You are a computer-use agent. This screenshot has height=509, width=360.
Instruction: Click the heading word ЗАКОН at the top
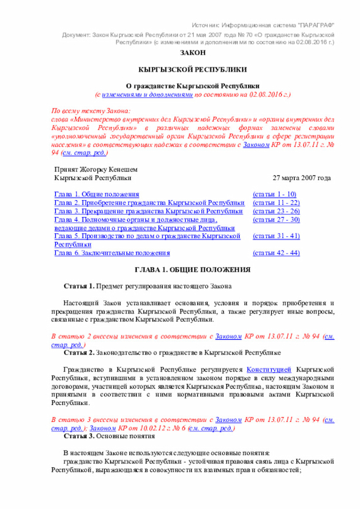tap(192, 52)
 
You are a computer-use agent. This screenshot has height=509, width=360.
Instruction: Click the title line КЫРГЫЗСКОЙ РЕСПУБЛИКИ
tap(192, 69)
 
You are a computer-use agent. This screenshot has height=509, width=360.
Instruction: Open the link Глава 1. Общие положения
tap(96, 194)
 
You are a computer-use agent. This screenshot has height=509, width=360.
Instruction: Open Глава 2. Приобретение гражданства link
tap(149, 202)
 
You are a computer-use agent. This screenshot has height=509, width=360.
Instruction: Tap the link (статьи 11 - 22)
tap(276, 202)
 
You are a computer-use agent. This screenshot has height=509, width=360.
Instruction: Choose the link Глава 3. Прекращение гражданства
tap(148, 211)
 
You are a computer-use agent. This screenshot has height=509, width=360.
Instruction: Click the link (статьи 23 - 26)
tap(276, 211)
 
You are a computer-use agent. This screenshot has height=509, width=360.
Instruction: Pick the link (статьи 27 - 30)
tap(276, 219)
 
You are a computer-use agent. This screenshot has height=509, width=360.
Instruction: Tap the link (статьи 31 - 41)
tap(276, 236)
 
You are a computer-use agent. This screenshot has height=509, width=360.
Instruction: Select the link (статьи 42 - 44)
tap(276, 253)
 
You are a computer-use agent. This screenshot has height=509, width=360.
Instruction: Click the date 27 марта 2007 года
tap(301, 178)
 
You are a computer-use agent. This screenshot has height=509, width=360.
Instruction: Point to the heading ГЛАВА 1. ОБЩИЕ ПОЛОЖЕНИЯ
tap(192, 269)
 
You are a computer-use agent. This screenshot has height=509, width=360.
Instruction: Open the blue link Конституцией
tap(269, 370)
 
